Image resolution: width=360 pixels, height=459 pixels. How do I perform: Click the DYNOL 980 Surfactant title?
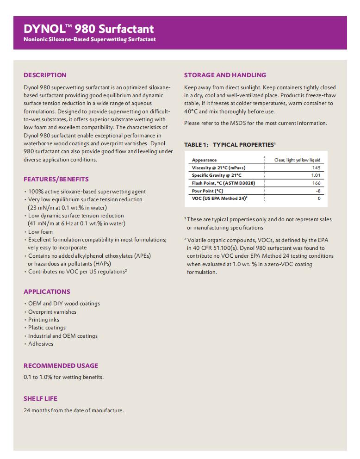pyautogui.click(x=88, y=29)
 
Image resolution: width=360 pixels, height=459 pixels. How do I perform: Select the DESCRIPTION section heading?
pyautogui.click(x=45, y=75)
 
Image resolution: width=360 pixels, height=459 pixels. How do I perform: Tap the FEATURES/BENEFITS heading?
pyautogui.click(x=56, y=179)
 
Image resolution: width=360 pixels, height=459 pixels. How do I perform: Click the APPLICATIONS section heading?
pyautogui.click(x=47, y=292)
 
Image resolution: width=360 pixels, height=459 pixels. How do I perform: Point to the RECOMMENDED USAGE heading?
pyautogui.click(x=61, y=366)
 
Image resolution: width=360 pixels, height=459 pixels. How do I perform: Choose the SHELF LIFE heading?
pyautogui.click(x=40, y=398)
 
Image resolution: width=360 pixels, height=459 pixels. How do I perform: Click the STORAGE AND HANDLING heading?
pyautogui.click(x=225, y=75)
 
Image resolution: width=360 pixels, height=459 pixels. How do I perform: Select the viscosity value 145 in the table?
pyautogui.click(x=316, y=167)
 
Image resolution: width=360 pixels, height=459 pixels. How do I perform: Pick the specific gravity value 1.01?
pyautogui.click(x=316, y=175)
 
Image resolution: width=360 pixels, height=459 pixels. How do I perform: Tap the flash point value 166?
pyautogui.click(x=316, y=183)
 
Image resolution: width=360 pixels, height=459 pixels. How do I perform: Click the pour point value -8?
pyautogui.click(x=318, y=191)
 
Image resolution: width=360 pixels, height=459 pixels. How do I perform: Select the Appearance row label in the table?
pyautogui.click(x=204, y=160)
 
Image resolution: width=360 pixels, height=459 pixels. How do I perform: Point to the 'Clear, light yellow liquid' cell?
pyautogui.click(x=297, y=160)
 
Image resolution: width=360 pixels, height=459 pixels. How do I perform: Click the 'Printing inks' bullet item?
pyautogui.click(x=43, y=320)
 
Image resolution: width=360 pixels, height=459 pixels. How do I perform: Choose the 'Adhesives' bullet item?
pyautogui.click(x=41, y=344)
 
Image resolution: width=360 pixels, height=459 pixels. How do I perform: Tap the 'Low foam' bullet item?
pyautogui.click(x=40, y=232)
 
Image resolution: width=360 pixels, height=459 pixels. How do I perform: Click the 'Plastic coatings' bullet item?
pyautogui.click(x=47, y=328)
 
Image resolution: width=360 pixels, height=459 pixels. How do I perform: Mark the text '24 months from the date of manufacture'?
pyautogui.click(x=74, y=410)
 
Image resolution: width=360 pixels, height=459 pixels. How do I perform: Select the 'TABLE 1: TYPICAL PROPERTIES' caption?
pyautogui.click(x=230, y=145)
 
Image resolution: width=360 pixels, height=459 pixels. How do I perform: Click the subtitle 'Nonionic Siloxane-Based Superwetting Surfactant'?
pyautogui.click(x=90, y=39)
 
